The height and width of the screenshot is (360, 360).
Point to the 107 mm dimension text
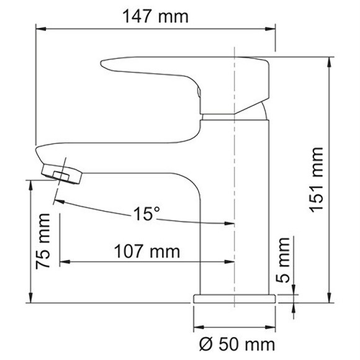point(147,252)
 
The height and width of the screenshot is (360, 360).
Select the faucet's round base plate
point(235,298)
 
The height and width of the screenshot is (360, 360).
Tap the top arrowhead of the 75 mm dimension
point(30,184)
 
